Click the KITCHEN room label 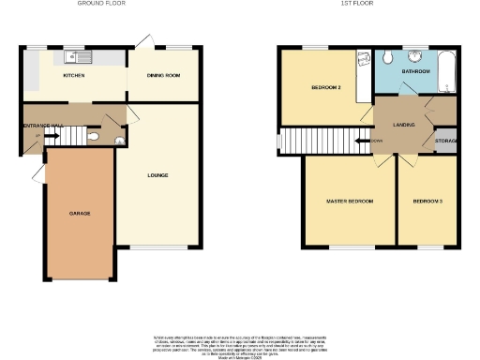pyautogui.click(x=74, y=75)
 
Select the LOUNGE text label pyautogui.click(x=157, y=174)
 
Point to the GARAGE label pyautogui.click(x=80, y=214)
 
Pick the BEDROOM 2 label pyautogui.click(x=325, y=89)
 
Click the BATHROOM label pyautogui.click(x=415, y=71)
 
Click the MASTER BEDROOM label pyautogui.click(x=350, y=202)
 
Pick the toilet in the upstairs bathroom pyautogui.click(x=387, y=57)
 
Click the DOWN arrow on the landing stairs pyautogui.click(x=364, y=142)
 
